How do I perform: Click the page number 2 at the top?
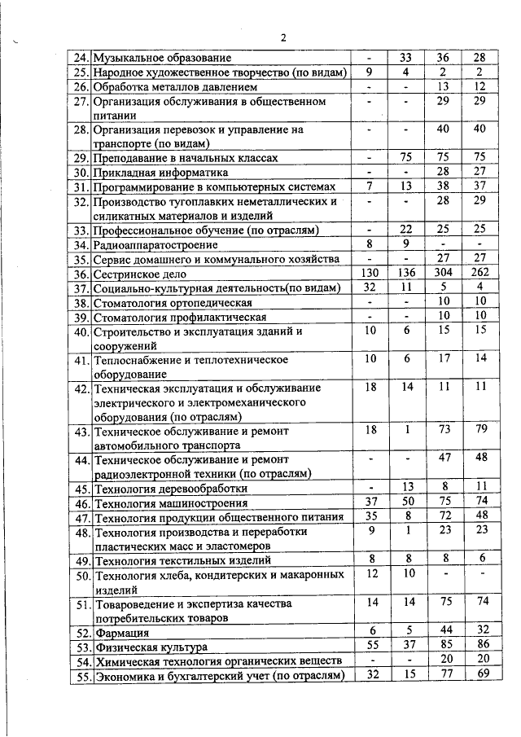[x=283, y=37]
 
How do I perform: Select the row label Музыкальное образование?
[x=163, y=58]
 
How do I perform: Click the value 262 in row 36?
[x=479, y=274]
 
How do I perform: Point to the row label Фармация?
[x=118, y=632]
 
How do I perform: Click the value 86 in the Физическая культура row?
[x=479, y=647]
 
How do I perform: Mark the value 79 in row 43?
[x=479, y=429]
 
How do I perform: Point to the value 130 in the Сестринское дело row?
[x=370, y=274]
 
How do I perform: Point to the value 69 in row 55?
[x=479, y=676]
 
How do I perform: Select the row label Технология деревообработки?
[x=170, y=489]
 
